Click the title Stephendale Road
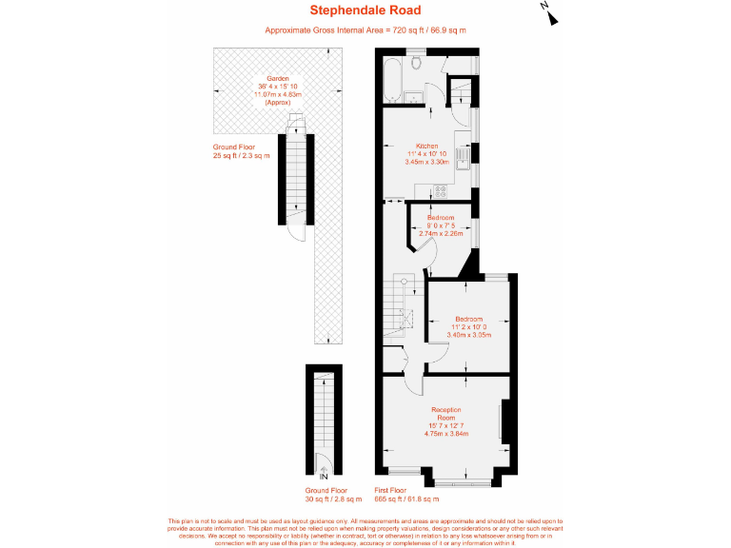tap(365, 11)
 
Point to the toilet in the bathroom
tap(419, 63)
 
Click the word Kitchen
tap(427, 146)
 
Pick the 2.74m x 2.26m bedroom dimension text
tap(441, 233)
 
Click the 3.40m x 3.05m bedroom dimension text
tap(468, 334)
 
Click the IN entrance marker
tap(323, 476)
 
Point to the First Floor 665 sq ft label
tap(406, 495)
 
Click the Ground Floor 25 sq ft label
tap(241, 151)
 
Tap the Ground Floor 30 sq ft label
tap(333, 495)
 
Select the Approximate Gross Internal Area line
tap(365, 30)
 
